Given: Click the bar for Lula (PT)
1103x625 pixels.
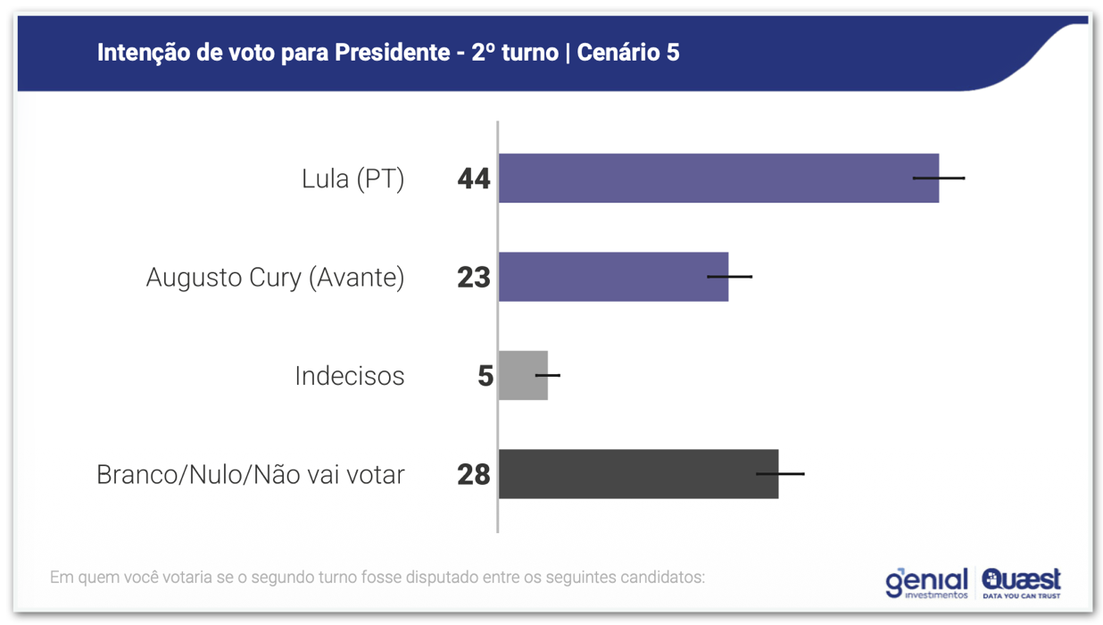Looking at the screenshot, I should coord(705,179).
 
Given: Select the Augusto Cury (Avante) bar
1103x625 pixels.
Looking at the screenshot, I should coord(607,277).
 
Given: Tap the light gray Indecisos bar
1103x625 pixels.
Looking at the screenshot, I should coord(518,375).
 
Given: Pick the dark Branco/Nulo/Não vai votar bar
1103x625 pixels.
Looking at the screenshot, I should coord(625,474).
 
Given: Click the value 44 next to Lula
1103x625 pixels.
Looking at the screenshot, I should coord(474,179).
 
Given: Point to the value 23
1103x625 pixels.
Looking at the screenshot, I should coord(474,278).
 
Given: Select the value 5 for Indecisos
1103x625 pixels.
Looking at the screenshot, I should coord(485,376).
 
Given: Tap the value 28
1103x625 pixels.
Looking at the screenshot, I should coord(474,475).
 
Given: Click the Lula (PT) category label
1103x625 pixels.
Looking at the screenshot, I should coord(352,179).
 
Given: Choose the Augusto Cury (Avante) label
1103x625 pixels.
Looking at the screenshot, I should coord(275,278).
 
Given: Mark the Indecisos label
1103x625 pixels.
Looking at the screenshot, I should coord(349,376).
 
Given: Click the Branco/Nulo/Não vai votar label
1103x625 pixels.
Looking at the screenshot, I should coord(250,474).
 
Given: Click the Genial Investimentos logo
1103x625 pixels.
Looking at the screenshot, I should coord(926,582).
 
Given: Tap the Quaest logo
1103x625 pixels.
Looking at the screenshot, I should coord(1021,582).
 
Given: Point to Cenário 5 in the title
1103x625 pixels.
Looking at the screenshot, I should coord(628,53).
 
